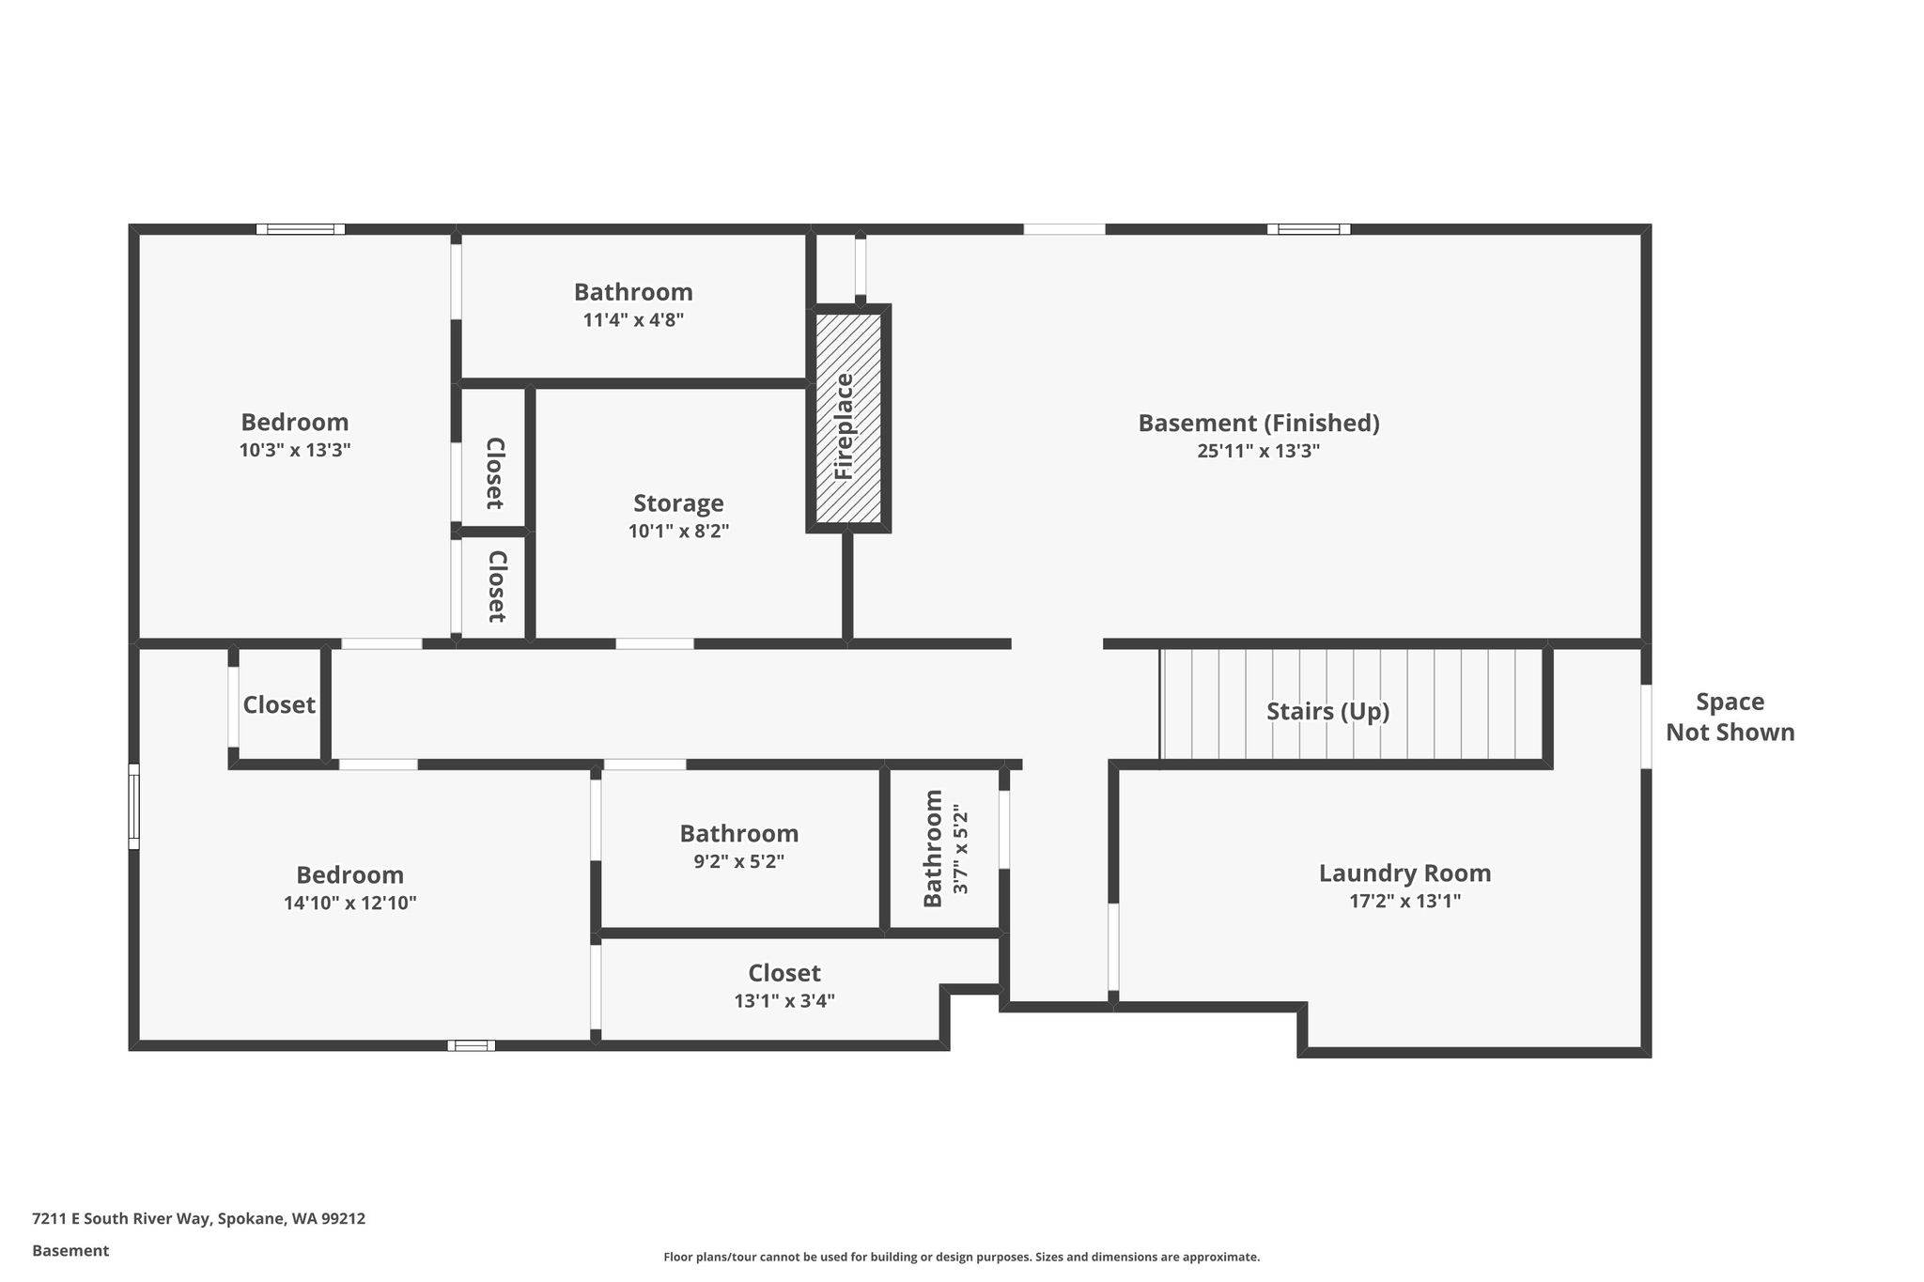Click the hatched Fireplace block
click(848, 418)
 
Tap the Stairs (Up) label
click(1327, 712)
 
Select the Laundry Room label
click(1404, 873)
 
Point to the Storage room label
click(678, 503)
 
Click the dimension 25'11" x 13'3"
click(1258, 451)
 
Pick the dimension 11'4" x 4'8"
click(633, 320)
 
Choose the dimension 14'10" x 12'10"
click(349, 904)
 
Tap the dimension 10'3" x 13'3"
click(295, 450)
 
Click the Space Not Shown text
click(1730, 718)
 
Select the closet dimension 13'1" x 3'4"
click(784, 1001)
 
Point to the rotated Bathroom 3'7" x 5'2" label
click(945, 848)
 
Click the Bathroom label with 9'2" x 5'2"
click(738, 834)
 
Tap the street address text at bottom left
click(198, 1219)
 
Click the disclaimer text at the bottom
click(961, 1257)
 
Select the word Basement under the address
click(70, 1251)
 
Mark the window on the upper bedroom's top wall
click(301, 229)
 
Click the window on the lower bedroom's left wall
click(133, 807)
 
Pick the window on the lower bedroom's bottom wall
click(471, 1045)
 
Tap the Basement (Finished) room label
click(1259, 424)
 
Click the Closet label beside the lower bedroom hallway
click(279, 705)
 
